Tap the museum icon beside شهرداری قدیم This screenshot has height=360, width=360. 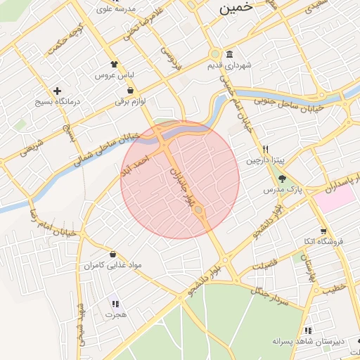click(x=230, y=55)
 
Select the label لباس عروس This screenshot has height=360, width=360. click(x=115, y=74)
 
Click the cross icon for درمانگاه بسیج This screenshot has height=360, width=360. click(x=58, y=91)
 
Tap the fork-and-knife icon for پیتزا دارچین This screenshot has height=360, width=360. click(x=265, y=148)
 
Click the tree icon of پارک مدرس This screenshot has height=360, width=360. click(x=282, y=179)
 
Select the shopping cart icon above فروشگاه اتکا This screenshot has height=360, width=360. click(x=323, y=231)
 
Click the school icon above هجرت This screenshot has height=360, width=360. click(x=115, y=304)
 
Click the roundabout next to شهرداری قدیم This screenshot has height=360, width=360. click(x=214, y=54)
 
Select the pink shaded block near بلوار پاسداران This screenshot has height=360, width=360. click(x=335, y=198)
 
